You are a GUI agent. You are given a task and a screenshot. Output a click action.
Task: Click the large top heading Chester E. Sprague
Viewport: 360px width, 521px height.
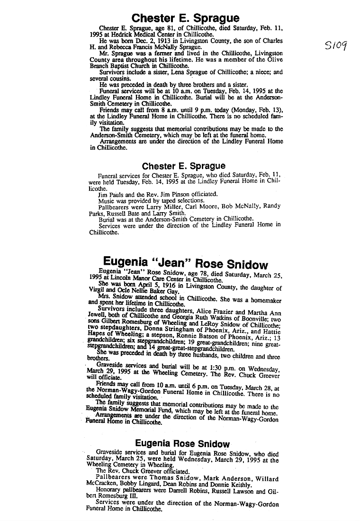pos(185,18)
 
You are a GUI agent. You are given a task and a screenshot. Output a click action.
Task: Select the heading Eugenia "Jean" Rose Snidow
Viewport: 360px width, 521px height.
pos(185,264)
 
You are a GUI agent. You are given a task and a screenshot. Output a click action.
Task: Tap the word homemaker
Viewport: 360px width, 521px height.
pos(262,301)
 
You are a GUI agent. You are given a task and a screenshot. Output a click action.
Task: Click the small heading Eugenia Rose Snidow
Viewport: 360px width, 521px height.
pos(182,444)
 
